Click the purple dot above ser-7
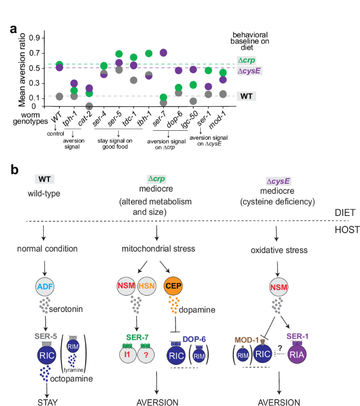tap(163, 53)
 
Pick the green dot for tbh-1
tap(149, 54)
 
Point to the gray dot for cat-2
tap(89, 106)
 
